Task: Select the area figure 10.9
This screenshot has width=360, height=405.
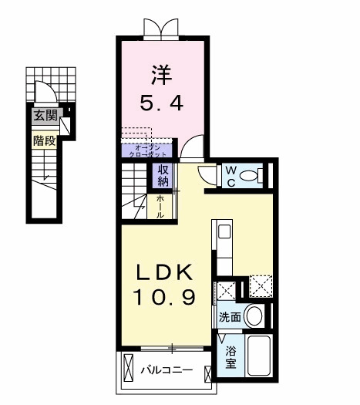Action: [165, 295]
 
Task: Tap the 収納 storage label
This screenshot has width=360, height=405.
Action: [163, 175]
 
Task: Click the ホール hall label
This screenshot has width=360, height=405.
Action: [160, 206]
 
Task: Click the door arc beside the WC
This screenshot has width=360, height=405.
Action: [207, 174]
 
